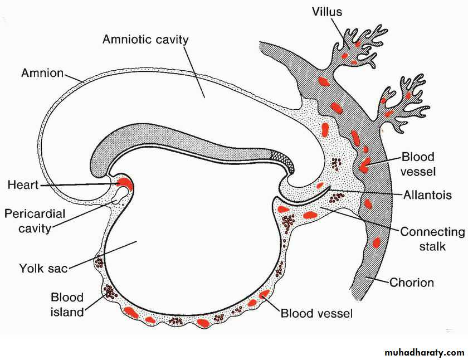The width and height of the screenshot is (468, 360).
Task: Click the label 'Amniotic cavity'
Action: (145, 40)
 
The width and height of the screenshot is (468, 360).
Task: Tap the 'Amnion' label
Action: (42, 73)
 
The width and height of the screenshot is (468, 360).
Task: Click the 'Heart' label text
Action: (22, 184)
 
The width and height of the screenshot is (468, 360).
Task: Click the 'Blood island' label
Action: (67, 304)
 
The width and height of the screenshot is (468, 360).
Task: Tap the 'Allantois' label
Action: (428, 195)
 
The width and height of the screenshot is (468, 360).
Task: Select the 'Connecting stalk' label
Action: (432, 238)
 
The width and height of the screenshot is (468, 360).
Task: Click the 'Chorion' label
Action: (411, 283)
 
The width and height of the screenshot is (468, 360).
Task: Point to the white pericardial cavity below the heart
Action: (119, 195)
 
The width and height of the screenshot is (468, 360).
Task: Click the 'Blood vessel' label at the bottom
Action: (316, 314)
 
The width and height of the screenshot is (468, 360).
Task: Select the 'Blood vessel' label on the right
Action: (417, 164)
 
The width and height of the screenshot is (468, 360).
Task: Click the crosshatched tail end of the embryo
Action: (277, 158)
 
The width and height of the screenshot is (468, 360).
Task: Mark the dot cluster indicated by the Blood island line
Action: (110, 291)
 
